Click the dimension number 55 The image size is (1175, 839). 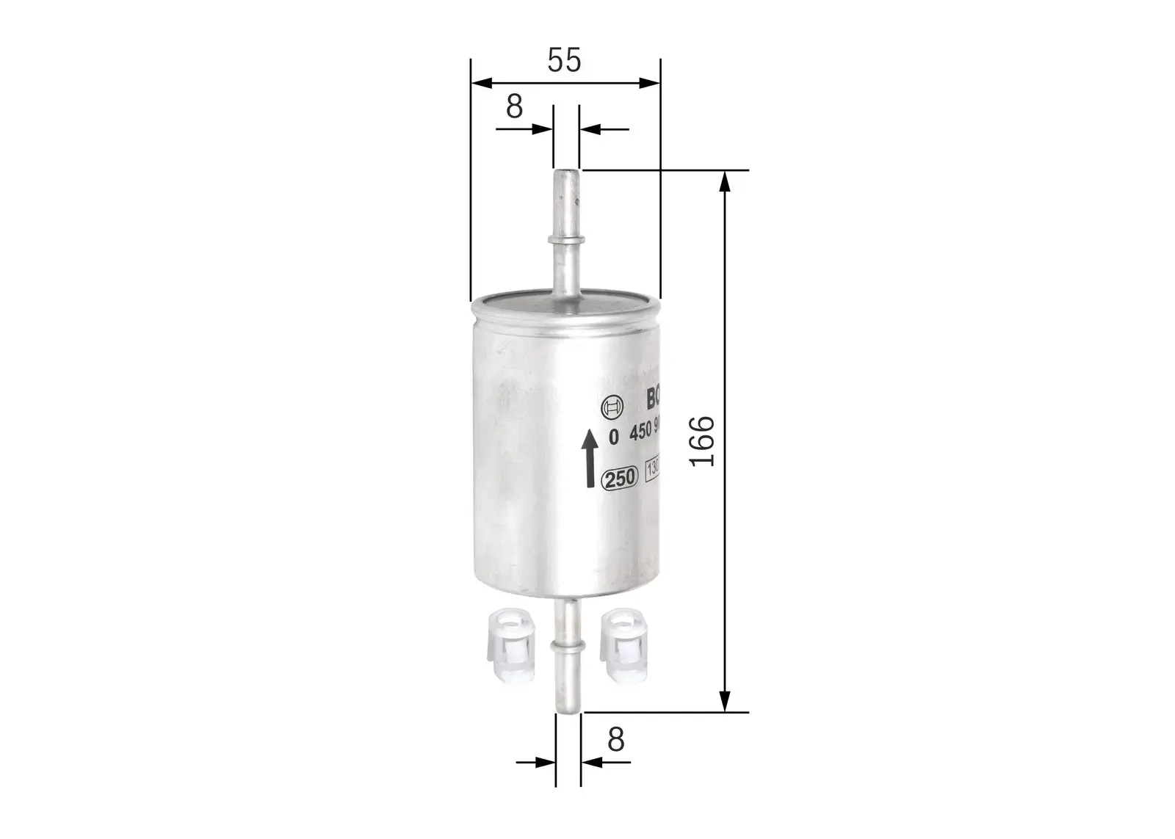pos(564,60)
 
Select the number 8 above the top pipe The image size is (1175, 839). pos(514,106)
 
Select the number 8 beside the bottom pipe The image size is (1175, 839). pos(615,739)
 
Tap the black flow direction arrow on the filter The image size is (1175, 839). pos(589,459)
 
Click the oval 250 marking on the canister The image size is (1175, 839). pos(619,478)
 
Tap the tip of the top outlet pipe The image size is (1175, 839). pos(566,174)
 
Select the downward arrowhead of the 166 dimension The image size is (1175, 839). pos(726,702)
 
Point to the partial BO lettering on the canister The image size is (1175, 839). pos(654,399)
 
